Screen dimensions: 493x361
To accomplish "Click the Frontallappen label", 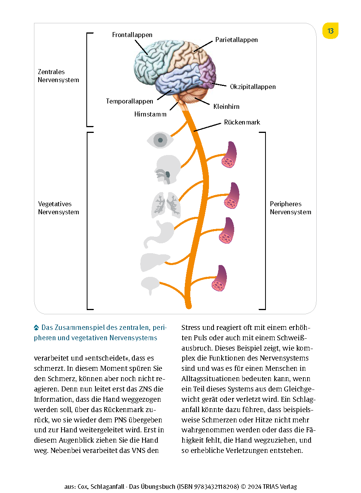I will tap(132, 35).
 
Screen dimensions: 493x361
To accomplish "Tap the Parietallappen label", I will tap(236, 40).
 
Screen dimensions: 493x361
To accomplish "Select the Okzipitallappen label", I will tap(253, 87).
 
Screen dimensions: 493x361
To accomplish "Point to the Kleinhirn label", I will tap(227, 107).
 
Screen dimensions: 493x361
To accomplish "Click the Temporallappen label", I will tap(130, 101).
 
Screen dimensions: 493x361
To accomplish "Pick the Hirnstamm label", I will tap(151, 114).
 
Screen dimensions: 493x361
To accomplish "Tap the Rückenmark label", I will tap(242, 122).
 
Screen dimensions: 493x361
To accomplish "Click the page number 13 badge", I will tap(330, 31).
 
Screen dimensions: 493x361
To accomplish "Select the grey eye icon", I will tap(160, 140).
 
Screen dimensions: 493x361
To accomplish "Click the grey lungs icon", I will tap(166, 205).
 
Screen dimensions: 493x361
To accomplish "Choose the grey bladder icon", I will tap(150, 285).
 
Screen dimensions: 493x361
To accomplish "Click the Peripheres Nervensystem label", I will tap(290, 208).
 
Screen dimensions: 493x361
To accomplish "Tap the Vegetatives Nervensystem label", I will tap(58, 208).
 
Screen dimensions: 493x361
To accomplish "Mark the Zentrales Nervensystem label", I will tap(58, 76).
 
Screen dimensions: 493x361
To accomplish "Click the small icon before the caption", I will tap(37, 328).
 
